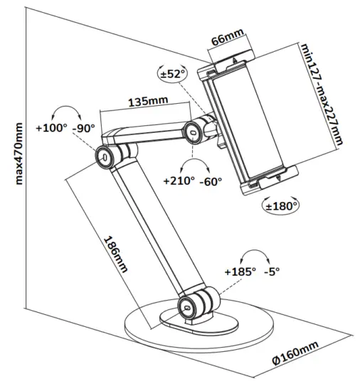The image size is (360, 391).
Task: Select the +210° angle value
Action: click(178, 181)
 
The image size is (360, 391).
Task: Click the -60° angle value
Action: click(211, 181)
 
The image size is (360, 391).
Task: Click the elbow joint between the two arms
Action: click(107, 156)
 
